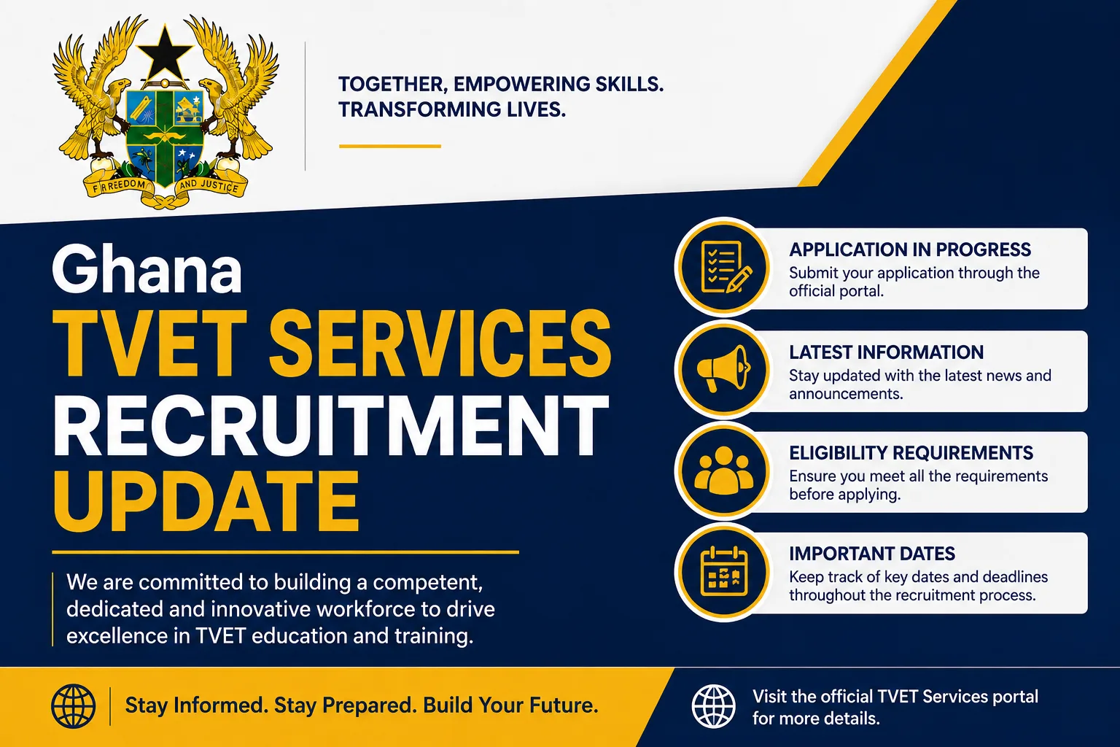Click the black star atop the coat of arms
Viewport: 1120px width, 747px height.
pyautogui.click(x=165, y=53)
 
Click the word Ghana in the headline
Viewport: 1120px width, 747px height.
pyautogui.click(x=147, y=269)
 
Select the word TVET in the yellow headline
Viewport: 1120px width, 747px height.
pyautogui.click(x=150, y=343)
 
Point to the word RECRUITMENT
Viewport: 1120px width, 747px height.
pyautogui.click(x=331, y=425)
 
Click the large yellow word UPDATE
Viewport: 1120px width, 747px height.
pyautogui.click(x=206, y=501)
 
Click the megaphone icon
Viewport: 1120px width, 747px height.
pyautogui.click(x=723, y=368)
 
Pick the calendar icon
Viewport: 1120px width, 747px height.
pyautogui.click(x=724, y=572)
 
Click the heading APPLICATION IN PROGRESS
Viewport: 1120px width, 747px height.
pyautogui.click(x=910, y=249)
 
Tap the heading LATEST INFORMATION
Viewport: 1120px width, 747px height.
pyautogui.click(x=886, y=352)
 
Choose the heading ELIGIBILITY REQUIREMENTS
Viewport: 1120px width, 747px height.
pyautogui.click(x=911, y=453)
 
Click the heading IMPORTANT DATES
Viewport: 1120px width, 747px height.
pyautogui.click(x=872, y=554)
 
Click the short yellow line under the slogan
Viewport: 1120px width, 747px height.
pyautogui.click(x=390, y=146)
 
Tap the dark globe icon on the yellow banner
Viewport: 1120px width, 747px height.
pyautogui.click(x=73, y=706)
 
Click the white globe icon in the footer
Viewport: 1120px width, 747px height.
pyautogui.click(x=714, y=706)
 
